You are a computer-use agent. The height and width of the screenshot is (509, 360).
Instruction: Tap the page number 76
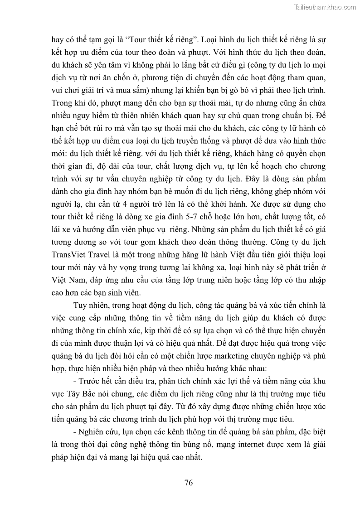pyautogui.click(x=189, y=482)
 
